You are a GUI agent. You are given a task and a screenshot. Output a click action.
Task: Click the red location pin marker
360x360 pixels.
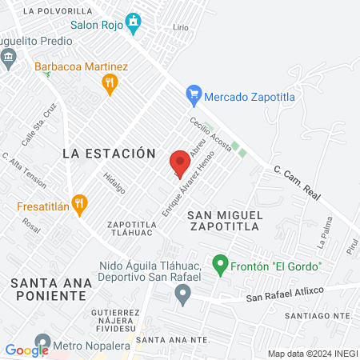click(181, 163)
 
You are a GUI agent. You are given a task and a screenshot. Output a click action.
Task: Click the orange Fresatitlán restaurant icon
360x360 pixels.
click(78, 204)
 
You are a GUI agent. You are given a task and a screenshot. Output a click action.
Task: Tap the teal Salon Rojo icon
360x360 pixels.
click(135, 21)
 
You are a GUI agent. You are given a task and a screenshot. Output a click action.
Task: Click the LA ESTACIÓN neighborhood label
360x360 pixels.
click(108, 152)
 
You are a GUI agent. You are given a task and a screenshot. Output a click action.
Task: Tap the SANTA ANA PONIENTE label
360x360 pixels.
click(48, 289)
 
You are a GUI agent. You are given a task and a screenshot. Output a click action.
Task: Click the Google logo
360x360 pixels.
click(26, 350)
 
